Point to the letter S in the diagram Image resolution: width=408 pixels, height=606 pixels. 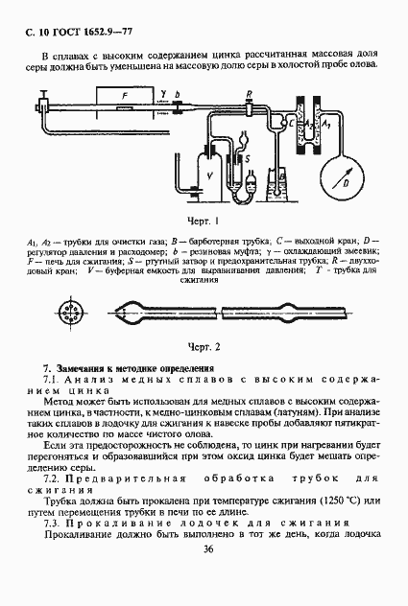243,157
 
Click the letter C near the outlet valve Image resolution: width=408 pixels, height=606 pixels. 290,124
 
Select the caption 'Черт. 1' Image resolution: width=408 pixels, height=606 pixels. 204,221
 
